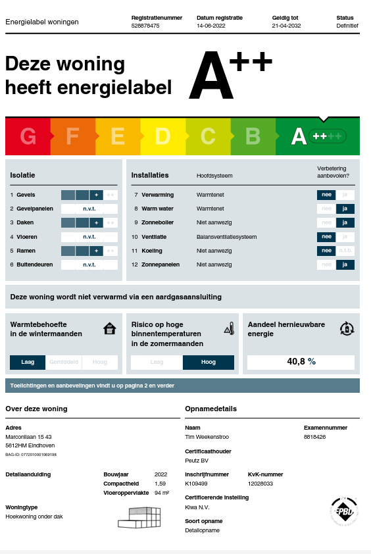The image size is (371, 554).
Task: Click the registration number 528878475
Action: point(145,26)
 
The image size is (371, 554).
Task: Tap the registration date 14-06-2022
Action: point(210,26)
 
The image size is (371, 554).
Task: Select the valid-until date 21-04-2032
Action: point(286,26)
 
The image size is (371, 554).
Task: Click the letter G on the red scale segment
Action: point(28,136)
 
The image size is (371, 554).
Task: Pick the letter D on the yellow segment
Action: point(162,136)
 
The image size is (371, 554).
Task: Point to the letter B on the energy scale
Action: point(253,136)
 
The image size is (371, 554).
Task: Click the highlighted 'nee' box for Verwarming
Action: point(326,195)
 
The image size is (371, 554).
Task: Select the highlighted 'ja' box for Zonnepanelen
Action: point(345,264)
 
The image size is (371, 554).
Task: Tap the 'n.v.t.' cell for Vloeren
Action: point(89,237)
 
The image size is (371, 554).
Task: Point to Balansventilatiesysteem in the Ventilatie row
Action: point(226,237)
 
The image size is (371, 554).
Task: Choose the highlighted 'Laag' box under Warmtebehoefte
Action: point(28,362)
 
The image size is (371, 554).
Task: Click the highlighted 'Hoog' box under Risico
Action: point(208,362)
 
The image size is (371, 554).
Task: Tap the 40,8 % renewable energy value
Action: point(301,362)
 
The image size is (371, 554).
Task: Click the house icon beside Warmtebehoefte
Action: point(110,328)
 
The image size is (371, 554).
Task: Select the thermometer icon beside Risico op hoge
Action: point(229,328)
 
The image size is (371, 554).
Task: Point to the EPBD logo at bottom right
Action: point(344,511)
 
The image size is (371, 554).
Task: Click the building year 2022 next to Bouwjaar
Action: point(161,474)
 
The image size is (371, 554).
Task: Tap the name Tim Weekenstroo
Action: point(207,437)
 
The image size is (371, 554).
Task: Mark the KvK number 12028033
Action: point(261,484)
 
